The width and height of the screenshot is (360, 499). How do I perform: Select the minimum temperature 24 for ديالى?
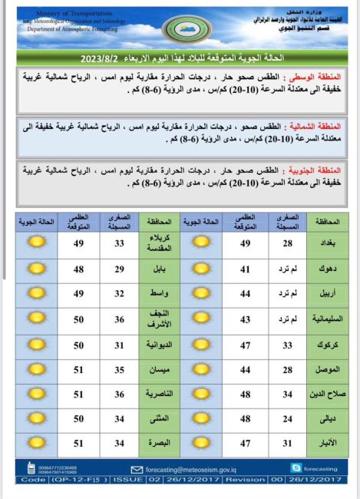click(286, 418)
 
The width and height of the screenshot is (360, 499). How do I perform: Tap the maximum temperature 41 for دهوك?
click(245, 269)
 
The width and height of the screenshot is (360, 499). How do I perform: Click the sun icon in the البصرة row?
click(36, 443)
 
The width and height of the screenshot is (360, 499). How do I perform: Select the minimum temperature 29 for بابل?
click(119, 269)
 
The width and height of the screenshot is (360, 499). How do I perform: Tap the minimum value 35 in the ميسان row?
click(119, 369)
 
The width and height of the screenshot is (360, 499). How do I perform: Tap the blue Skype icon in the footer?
click(296, 468)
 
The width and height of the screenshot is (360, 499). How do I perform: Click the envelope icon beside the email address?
click(137, 468)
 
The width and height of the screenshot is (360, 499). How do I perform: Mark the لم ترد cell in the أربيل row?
click(286, 294)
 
